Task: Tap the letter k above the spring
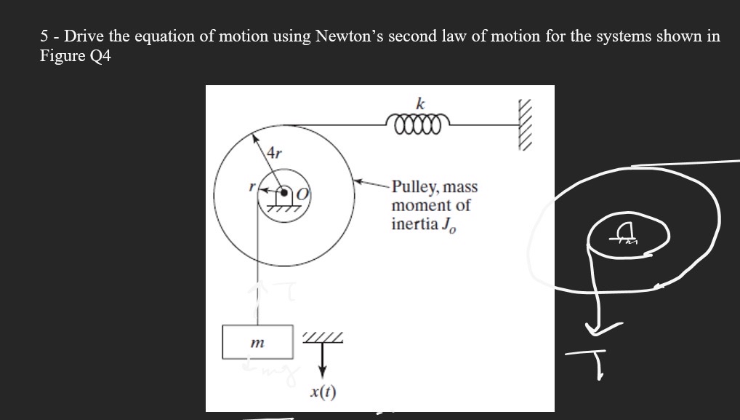pos(420,101)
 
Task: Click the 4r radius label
pos(275,153)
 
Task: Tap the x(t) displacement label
pos(322,394)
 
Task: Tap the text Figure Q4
pos(76,57)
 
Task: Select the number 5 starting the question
pos(44,36)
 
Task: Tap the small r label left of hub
pos(250,187)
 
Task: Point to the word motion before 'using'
pos(249,36)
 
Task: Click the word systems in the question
pos(625,36)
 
